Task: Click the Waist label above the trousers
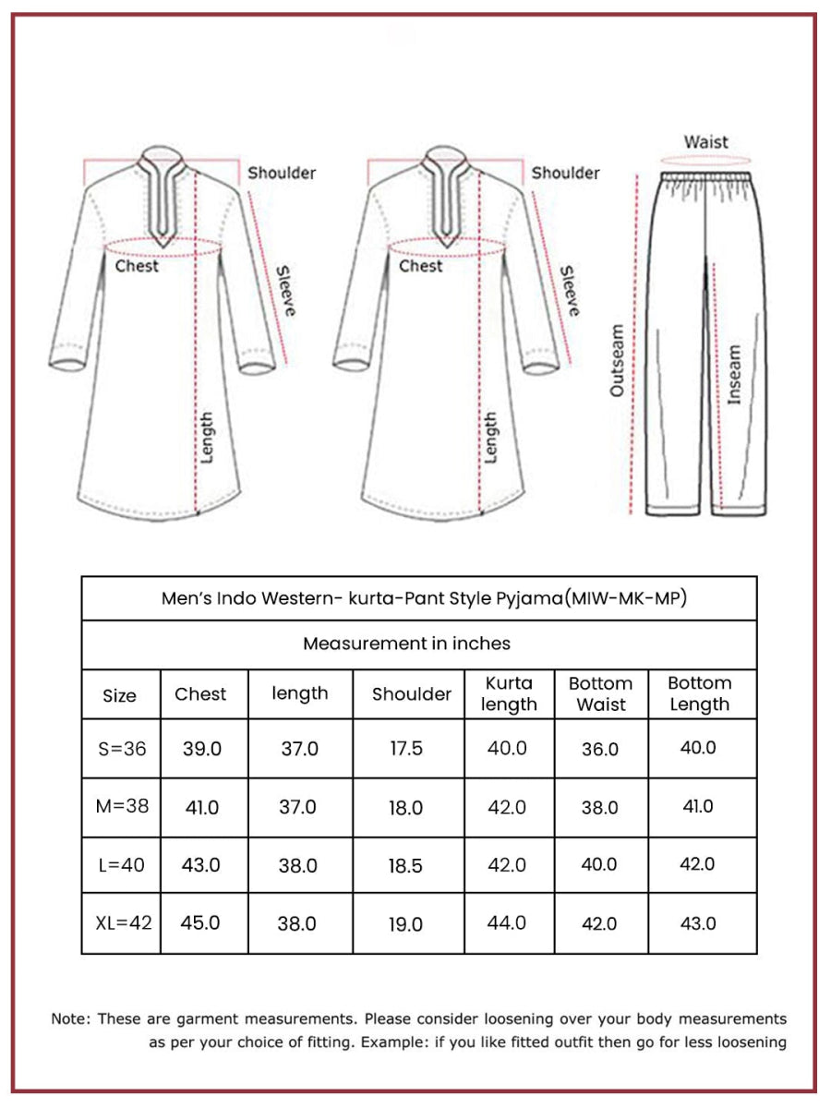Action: point(705,142)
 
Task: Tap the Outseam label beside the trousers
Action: point(617,360)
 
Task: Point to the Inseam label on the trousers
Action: point(734,374)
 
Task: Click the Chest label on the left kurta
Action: point(137,266)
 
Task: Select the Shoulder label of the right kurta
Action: point(565,173)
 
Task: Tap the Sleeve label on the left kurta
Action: point(285,291)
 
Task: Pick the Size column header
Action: point(119,695)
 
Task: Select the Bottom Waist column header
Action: point(600,694)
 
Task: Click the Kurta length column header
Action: point(509,694)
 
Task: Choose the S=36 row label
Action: point(122,749)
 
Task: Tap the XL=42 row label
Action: point(122,923)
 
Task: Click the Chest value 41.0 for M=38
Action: point(202,808)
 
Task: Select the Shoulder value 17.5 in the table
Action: point(406,748)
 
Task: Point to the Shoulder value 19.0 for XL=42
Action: point(405,924)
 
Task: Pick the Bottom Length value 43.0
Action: point(698,923)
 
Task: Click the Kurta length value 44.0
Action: point(507,922)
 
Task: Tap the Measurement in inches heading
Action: point(406,644)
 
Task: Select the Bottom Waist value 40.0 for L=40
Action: point(600,865)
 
